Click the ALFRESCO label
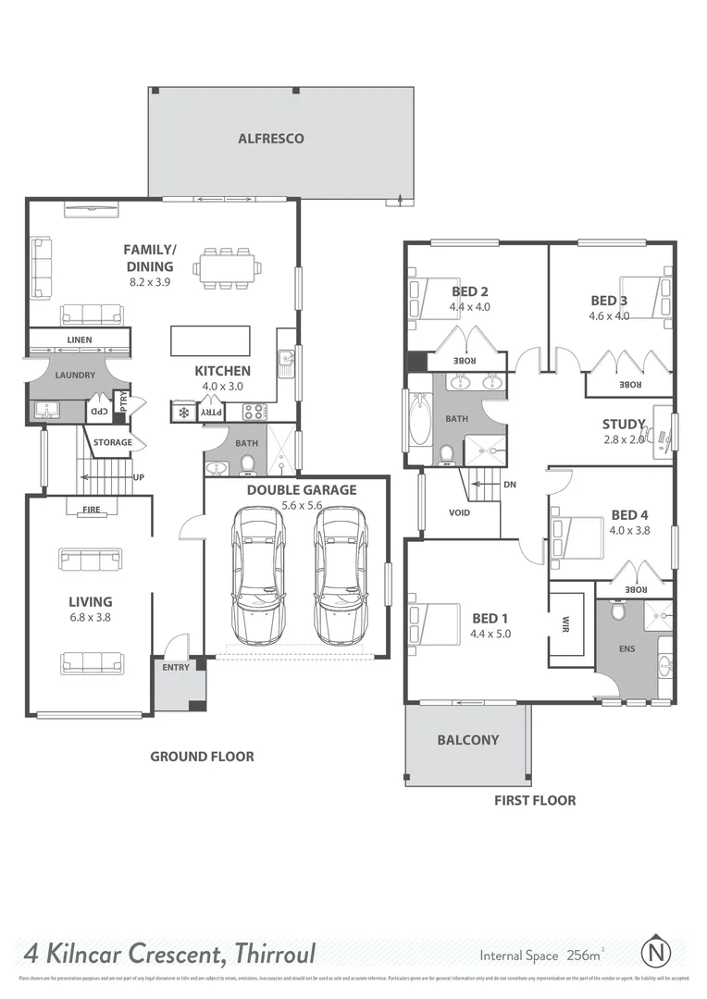[x=270, y=139]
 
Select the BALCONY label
[x=467, y=740]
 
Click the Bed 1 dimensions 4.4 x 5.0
[x=490, y=635]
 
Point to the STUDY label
[x=623, y=425]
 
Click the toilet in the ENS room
[x=618, y=611]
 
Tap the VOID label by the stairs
[x=459, y=512]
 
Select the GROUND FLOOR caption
[x=202, y=757]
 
